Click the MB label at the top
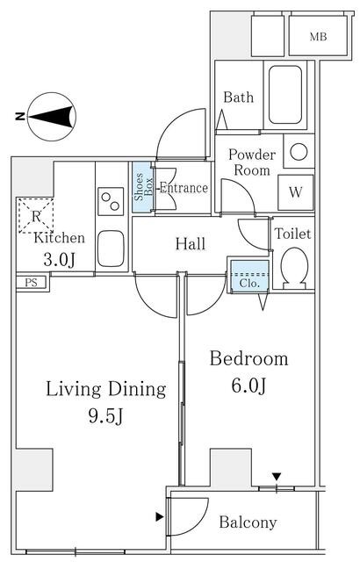click(318, 37)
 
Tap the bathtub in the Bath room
click(285, 95)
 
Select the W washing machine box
click(296, 192)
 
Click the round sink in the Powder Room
click(299, 152)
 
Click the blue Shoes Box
click(143, 187)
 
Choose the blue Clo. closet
click(249, 275)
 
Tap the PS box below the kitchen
click(31, 283)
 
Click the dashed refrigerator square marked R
click(36, 216)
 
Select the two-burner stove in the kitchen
click(111, 201)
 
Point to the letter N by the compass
click(20, 117)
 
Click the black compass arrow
click(51, 117)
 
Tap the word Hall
click(191, 244)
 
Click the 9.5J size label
click(106, 416)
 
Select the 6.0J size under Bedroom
click(249, 385)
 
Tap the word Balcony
click(248, 523)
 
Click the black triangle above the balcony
click(277, 477)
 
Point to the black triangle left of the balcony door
click(160, 517)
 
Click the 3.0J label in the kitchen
click(60, 260)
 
